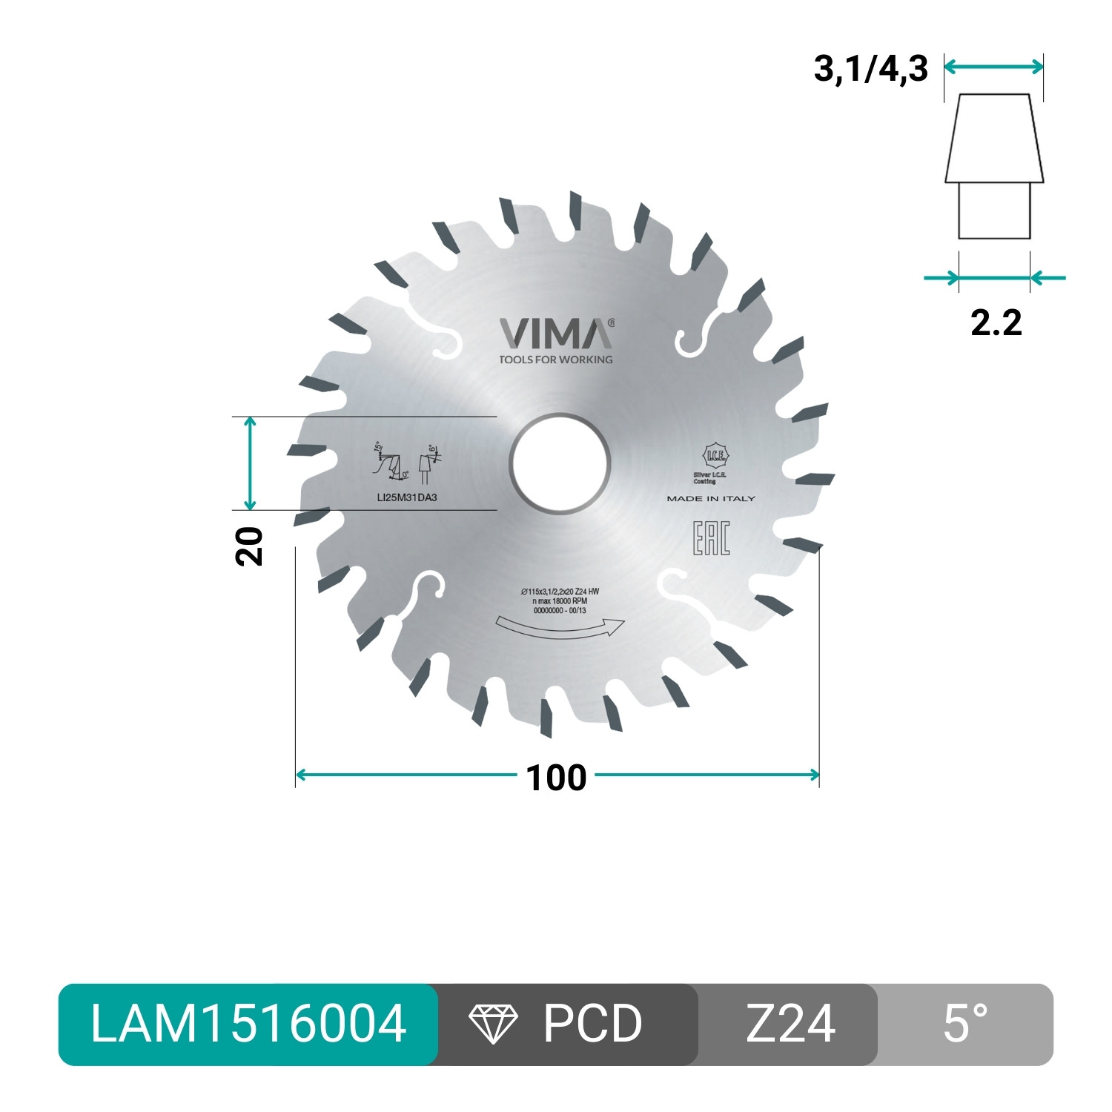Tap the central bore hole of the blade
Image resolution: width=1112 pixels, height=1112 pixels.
tap(560, 464)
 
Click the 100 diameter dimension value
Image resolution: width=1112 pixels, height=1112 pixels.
tap(556, 778)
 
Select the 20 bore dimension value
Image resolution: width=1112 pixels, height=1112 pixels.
tap(250, 546)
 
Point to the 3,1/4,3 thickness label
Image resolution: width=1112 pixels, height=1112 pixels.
tap(870, 69)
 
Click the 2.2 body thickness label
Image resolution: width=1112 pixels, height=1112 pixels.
tap(996, 322)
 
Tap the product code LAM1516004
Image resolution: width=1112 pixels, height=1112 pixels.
tap(248, 1024)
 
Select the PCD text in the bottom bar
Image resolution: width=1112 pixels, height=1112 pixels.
tap(592, 1024)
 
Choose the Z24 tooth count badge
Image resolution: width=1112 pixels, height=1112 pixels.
tap(790, 1024)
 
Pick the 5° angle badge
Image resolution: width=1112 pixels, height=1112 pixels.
tap(965, 1024)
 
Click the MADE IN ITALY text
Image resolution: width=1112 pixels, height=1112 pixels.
tap(711, 499)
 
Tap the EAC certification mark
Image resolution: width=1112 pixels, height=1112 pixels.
tap(711, 539)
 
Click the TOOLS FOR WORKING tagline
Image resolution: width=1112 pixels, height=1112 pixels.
tap(556, 360)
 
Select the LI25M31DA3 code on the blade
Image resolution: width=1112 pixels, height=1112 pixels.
tap(407, 497)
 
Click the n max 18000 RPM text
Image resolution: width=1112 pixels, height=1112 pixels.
tap(560, 600)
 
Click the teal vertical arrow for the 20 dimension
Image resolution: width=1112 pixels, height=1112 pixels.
tap(251, 464)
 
